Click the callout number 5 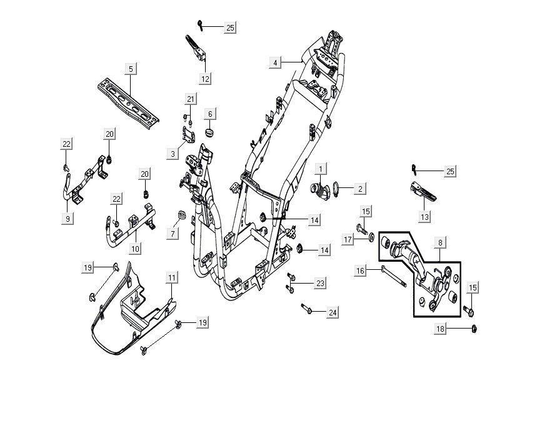(x=130, y=69)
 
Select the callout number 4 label (x=275, y=62)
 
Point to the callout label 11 (x=171, y=277)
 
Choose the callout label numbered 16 (x=361, y=270)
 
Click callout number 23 (x=320, y=284)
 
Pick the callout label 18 (x=440, y=329)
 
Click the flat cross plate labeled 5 (x=128, y=104)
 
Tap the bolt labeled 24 (x=307, y=309)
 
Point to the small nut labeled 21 (x=186, y=117)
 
